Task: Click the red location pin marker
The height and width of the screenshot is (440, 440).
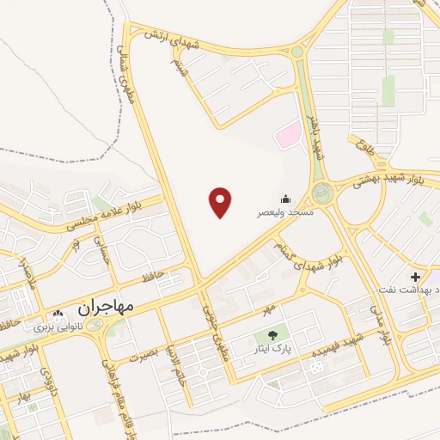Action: coord(221,202)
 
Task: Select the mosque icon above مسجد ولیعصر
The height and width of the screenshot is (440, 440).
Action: coord(285,198)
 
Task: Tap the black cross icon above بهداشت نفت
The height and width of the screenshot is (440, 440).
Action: coord(416,277)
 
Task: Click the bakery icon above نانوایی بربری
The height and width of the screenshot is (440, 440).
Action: coord(58,315)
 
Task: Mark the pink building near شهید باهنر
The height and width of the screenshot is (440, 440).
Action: coord(287,134)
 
